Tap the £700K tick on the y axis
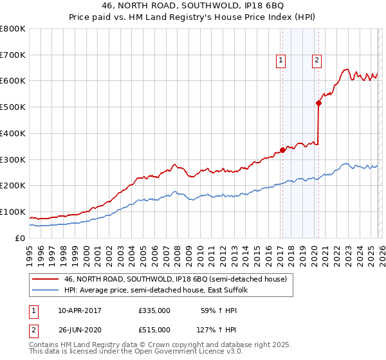tap(13, 55)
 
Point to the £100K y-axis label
tap(13, 212)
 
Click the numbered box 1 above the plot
tap(282, 61)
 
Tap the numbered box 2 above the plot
tap(318, 61)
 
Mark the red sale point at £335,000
tap(282, 150)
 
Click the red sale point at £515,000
tap(318, 103)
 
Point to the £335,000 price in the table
tap(154, 310)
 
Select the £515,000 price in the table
tap(154, 329)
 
